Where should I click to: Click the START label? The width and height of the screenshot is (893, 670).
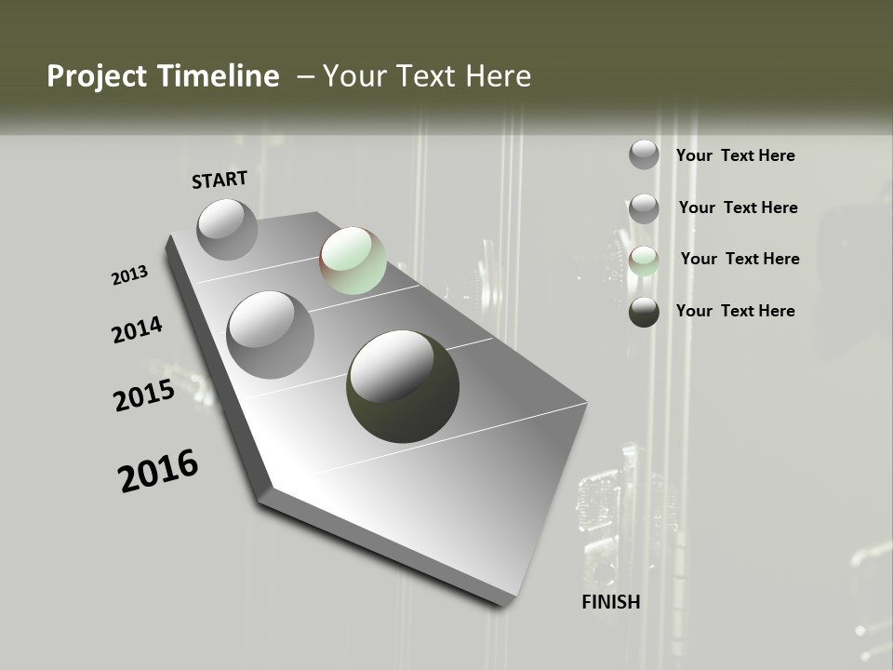(220, 180)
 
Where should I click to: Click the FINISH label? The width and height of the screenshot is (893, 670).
(610, 602)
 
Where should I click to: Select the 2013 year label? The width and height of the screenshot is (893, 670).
(129, 275)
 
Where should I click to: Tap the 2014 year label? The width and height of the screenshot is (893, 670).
(137, 330)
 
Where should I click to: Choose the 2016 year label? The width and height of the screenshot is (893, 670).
(158, 471)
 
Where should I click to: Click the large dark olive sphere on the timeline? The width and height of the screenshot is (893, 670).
(403, 386)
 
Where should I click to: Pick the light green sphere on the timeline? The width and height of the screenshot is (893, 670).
(353, 261)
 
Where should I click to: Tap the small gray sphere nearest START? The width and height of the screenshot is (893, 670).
(227, 229)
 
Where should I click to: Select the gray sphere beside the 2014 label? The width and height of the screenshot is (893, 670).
(270, 335)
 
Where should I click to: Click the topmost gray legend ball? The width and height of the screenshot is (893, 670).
(644, 155)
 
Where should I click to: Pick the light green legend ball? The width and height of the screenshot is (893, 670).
(644, 261)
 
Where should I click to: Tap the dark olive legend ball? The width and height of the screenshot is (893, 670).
(644, 312)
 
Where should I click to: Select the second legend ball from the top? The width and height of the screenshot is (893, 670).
(644, 208)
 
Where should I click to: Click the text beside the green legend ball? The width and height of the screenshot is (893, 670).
(740, 259)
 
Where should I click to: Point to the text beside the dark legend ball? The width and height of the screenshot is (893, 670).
(735, 311)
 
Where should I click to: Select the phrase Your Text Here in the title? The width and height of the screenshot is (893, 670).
(426, 76)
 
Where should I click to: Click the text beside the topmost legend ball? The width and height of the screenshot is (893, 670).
(735, 155)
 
